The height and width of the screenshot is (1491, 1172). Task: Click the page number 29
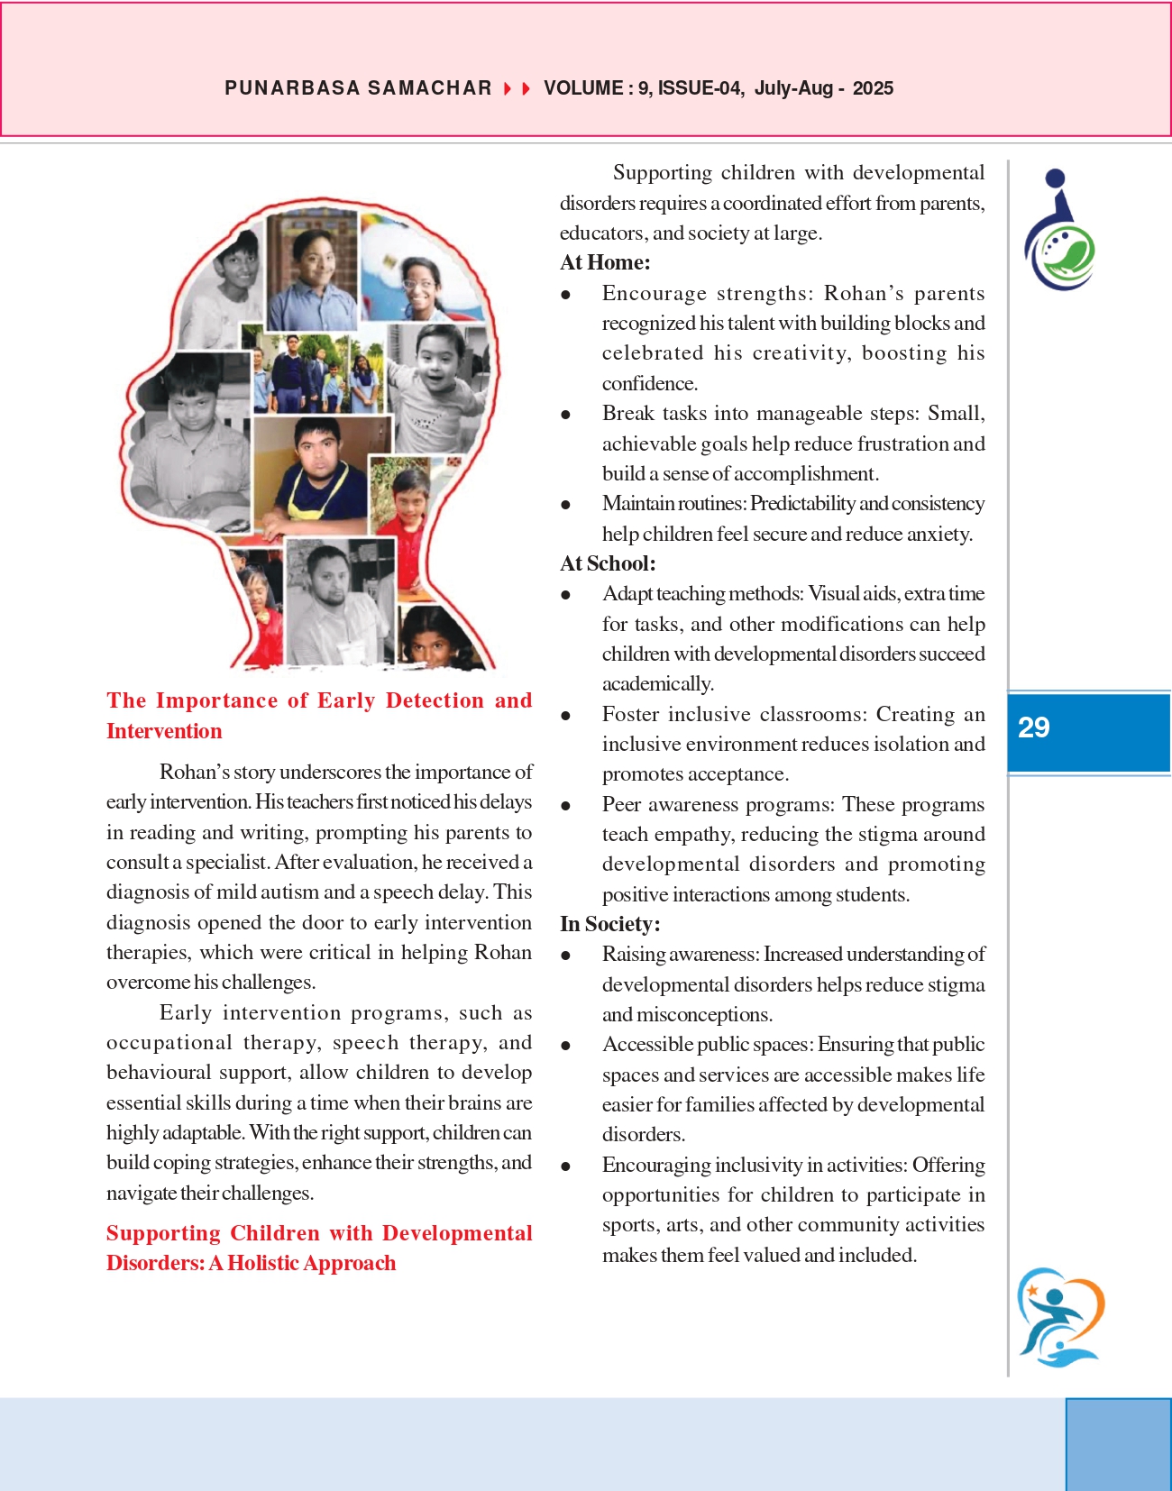click(1033, 727)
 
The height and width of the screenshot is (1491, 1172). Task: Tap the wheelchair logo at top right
click(1059, 231)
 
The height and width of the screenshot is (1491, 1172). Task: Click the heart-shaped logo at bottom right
click(1060, 1317)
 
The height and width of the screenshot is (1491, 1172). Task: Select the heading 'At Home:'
click(605, 262)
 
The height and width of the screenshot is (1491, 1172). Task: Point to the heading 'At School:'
click(608, 563)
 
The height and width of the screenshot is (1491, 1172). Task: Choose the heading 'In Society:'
click(609, 924)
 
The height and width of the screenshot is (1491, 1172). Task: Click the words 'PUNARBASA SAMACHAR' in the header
click(358, 88)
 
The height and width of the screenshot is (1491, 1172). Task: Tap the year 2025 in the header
click(873, 88)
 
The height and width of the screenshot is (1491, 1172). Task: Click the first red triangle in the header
click(508, 88)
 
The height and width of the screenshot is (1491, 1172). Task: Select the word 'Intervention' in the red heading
click(164, 731)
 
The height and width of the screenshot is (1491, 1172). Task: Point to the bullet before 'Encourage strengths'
click(566, 295)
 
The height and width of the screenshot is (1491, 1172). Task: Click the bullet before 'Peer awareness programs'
click(566, 806)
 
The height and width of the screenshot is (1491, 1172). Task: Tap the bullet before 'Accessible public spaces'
click(566, 1046)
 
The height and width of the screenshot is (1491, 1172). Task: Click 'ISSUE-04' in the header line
click(700, 88)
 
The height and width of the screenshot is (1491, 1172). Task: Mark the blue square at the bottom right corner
click(1118, 1444)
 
